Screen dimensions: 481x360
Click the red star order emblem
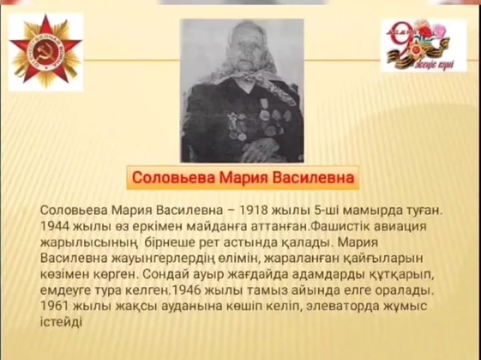coord(45,51)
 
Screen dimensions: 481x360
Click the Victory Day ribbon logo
coord(424,46)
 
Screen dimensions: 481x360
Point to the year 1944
coord(55,226)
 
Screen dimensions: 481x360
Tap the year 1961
coord(55,306)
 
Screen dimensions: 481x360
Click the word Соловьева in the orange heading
coord(174,178)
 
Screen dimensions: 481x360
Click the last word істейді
coord(61,323)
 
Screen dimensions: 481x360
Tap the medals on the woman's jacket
coord(257,120)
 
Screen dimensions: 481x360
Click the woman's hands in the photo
coord(259,148)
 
